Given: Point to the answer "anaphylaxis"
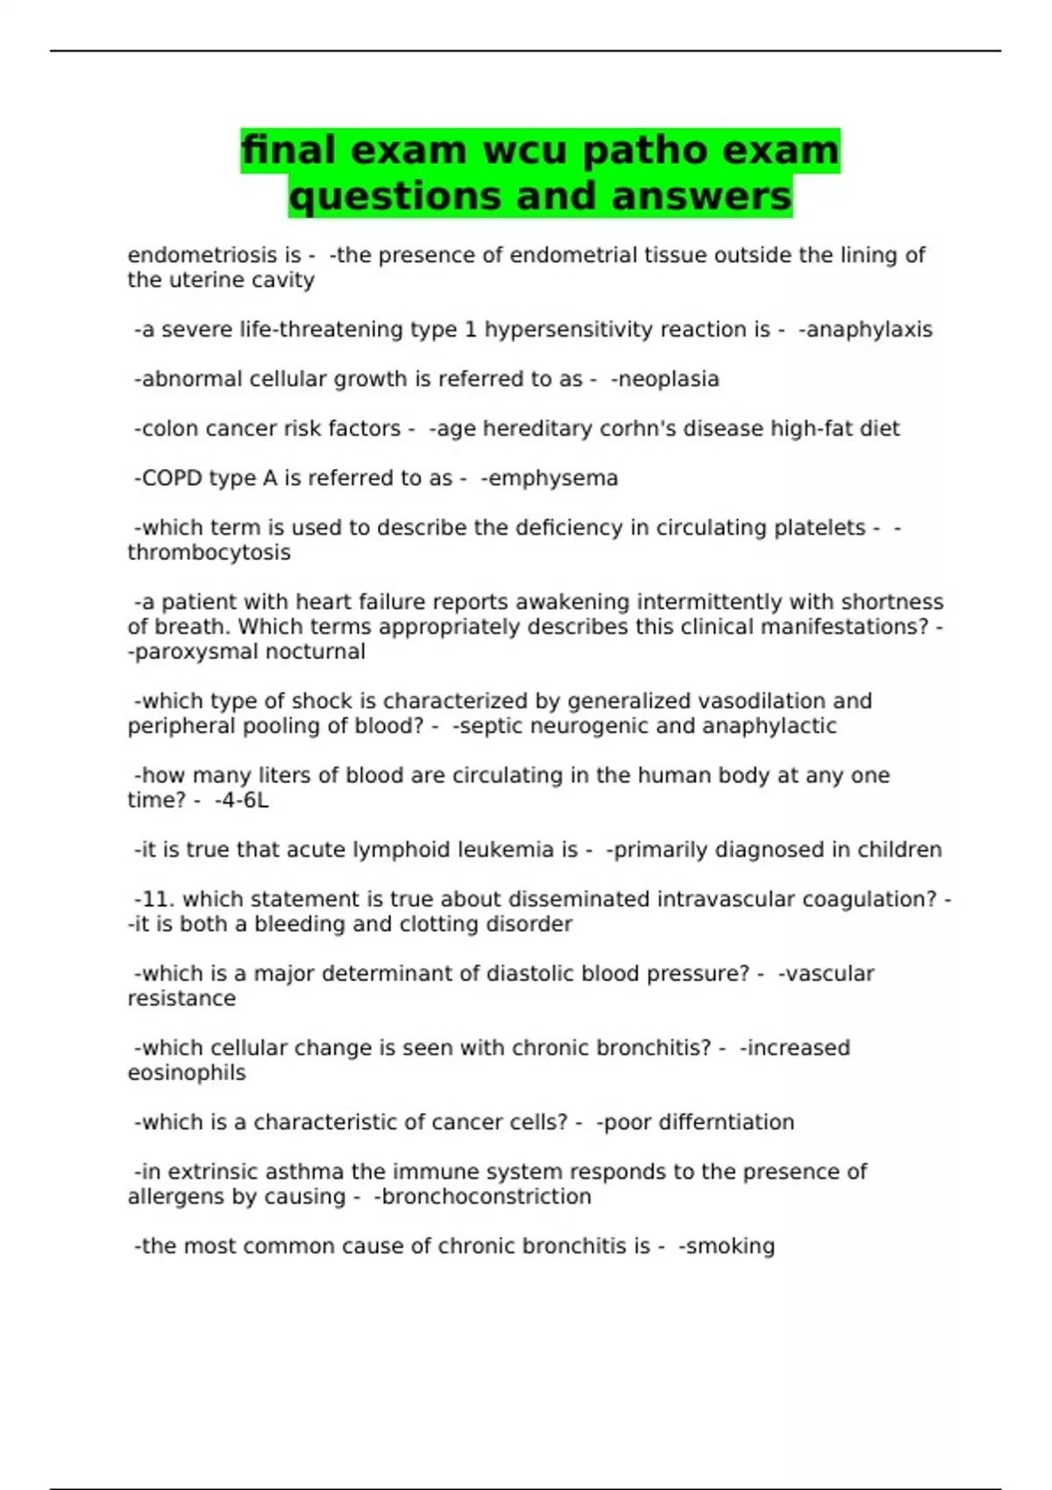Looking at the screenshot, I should (x=869, y=330).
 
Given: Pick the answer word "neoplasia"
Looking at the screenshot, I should (x=669, y=380).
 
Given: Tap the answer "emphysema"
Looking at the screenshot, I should (x=552, y=479).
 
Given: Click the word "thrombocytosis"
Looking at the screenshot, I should (x=209, y=553).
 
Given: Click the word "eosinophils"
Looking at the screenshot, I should (x=187, y=1073).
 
